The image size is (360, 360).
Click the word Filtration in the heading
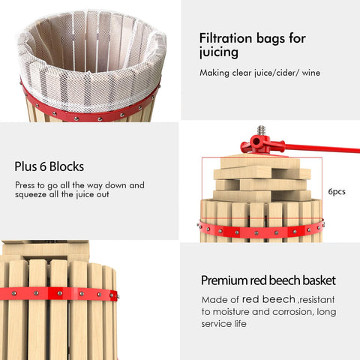226,38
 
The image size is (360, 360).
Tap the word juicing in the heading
218,53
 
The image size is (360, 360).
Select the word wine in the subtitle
311,73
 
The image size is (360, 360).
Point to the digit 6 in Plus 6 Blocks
43,166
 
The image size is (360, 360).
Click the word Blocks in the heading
67,166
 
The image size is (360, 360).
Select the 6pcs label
337,192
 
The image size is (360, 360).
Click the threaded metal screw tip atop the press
261,130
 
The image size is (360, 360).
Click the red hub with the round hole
256,142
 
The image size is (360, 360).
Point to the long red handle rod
322,148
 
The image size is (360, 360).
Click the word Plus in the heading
25,166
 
